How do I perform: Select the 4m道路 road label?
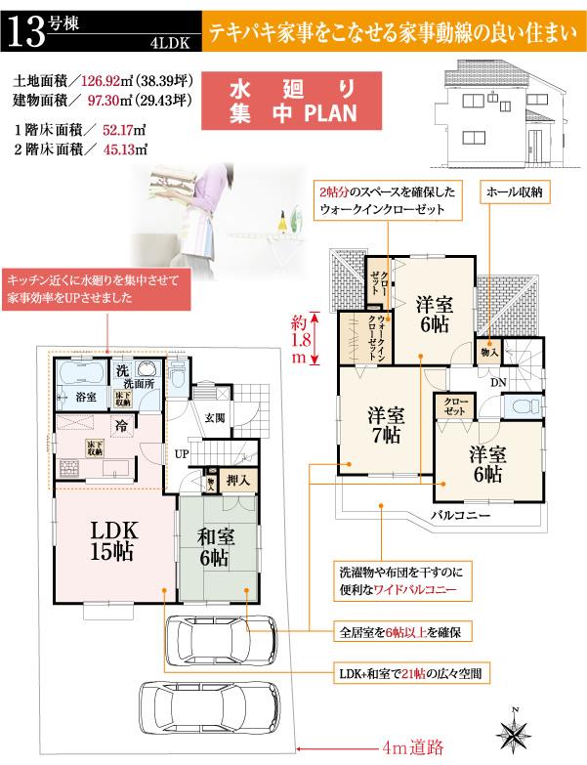point(413,747)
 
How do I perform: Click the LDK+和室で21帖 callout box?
point(398,673)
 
